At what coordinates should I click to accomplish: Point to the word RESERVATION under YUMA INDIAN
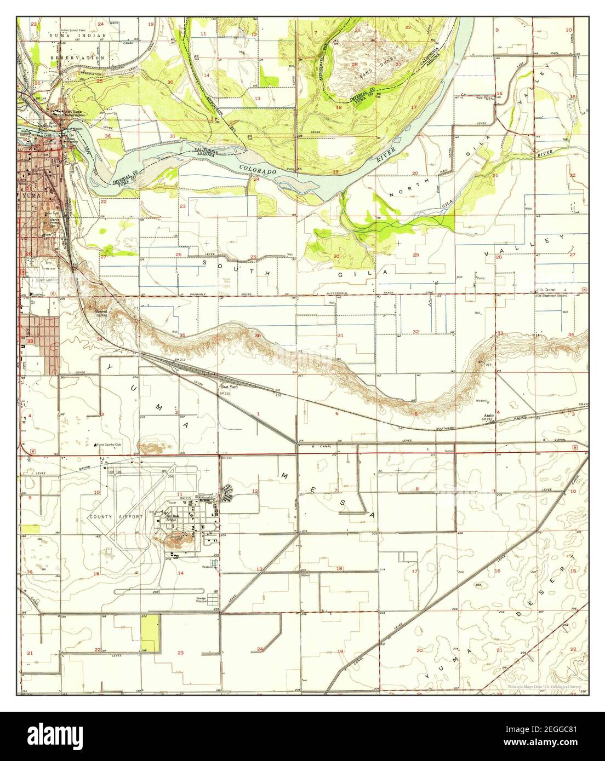coord(77,57)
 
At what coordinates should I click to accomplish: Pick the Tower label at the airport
coord(174,501)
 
